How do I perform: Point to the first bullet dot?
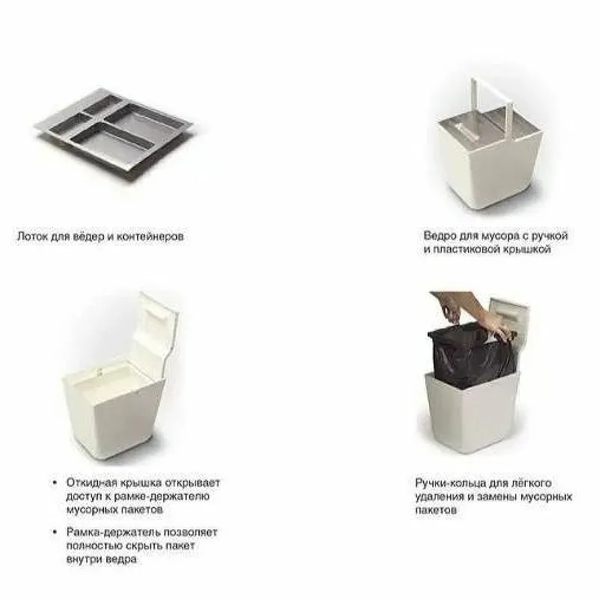click(x=55, y=483)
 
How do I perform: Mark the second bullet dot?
click(x=55, y=532)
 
